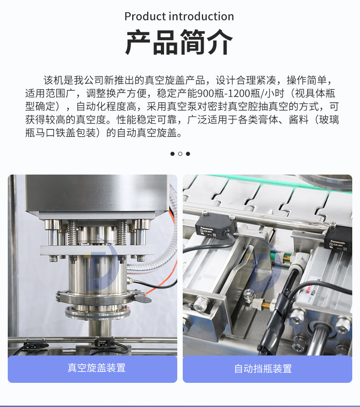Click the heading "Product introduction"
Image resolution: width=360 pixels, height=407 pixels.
179,16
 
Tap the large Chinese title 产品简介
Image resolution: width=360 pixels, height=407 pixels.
179,42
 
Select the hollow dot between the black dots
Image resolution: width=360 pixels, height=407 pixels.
180,154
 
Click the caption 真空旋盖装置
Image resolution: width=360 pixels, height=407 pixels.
97,368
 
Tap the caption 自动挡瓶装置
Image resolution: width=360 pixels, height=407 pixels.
263,369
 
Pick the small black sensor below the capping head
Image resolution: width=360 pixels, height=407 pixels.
102,342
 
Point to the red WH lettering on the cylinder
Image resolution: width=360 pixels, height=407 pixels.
309,288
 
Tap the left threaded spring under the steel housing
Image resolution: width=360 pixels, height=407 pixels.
72,233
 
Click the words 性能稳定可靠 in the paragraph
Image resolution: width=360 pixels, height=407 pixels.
147,120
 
